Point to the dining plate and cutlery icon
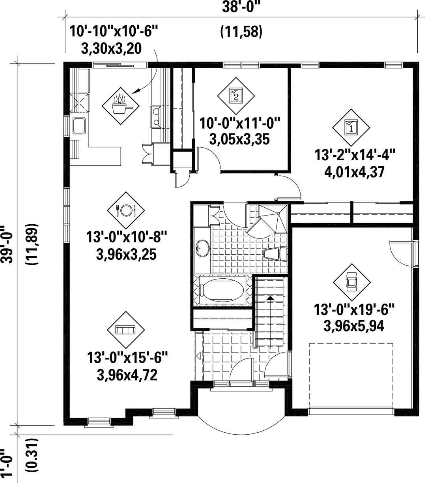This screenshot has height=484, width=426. pyautogui.click(x=126, y=210)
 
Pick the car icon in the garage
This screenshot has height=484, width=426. pyautogui.click(x=352, y=282)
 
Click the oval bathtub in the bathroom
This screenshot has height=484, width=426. pyautogui.click(x=222, y=290)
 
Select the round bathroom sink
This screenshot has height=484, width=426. pyautogui.click(x=203, y=248)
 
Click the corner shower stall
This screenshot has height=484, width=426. pyautogui.click(x=272, y=219)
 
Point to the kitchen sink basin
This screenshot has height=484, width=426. pyautogui.click(x=79, y=126)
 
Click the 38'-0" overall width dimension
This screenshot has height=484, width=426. pyautogui.click(x=241, y=7)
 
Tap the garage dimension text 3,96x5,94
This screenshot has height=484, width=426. pyautogui.click(x=354, y=326)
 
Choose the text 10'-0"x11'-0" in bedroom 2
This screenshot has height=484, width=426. pyautogui.click(x=239, y=123)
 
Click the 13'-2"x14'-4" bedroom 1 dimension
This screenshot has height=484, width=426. pyautogui.click(x=355, y=155)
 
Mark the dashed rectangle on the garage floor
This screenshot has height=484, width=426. pyautogui.click(x=351, y=375)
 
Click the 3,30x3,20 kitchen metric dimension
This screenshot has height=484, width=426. pyautogui.click(x=112, y=49)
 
